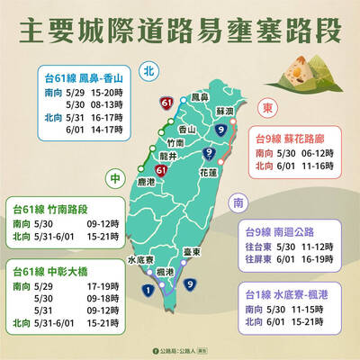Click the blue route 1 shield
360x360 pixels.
click(148, 289)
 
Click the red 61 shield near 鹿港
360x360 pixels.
click(160, 169)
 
